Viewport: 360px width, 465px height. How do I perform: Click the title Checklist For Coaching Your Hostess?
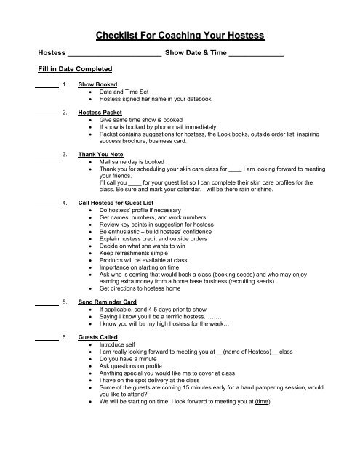click(x=180, y=35)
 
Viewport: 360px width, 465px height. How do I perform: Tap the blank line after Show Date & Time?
click(x=255, y=55)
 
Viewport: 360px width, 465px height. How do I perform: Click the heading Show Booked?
click(x=97, y=85)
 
